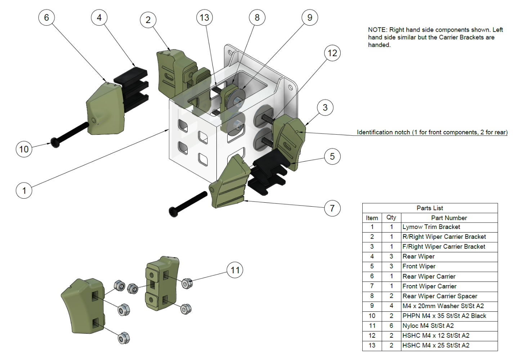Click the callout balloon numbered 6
tap(46, 18)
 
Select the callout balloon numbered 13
tap(205, 18)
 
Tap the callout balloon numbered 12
tap(332, 53)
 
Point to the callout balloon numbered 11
tap(235, 270)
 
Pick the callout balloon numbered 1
tap(24, 190)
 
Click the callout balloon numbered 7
tap(332, 208)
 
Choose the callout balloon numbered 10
tap(24, 149)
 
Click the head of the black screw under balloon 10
tap(55, 142)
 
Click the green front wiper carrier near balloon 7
tap(229, 184)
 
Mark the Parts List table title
tap(430, 208)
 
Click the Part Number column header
tap(449, 218)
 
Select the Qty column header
tap(391, 218)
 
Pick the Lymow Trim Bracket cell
tap(431, 227)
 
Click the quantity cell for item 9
tap(391, 306)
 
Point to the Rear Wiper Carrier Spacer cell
tap(440, 296)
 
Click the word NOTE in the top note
tap(377, 30)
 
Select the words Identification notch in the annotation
tap(383, 132)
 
